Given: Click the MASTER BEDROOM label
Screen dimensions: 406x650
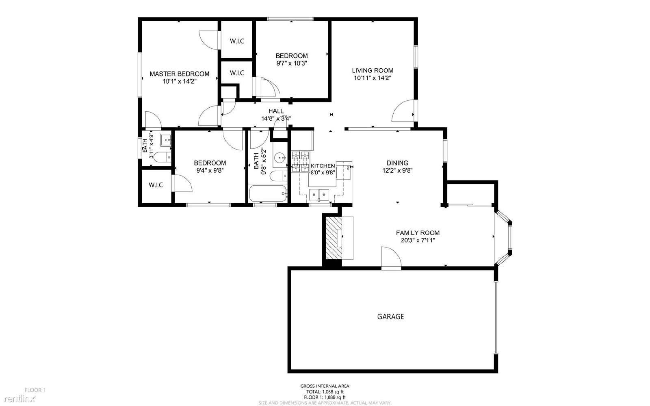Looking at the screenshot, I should (x=180, y=74).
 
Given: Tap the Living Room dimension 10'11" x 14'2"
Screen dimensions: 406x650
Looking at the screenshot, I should (x=373, y=78).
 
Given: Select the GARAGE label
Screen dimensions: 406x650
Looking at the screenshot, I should (x=390, y=317).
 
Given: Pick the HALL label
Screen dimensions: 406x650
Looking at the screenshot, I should (x=276, y=111).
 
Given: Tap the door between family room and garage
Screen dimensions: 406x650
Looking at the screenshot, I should (x=391, y=259).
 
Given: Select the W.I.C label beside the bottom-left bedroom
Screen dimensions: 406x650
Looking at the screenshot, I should (x=156, y=185).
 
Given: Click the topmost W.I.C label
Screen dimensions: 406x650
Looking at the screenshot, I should (x=237, y=41).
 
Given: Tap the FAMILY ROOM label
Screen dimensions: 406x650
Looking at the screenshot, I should (x=418, y=233).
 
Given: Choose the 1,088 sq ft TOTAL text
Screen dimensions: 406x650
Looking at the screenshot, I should (x=325, y=392).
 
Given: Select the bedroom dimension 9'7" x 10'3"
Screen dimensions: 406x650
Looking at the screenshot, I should (x=291, y=63).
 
